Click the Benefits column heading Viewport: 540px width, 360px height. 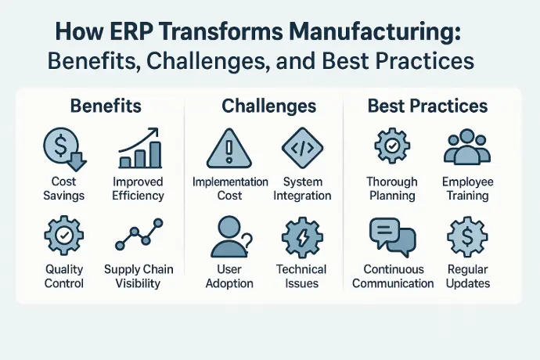106,106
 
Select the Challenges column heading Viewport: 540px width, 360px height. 268,106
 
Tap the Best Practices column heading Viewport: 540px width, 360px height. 427,106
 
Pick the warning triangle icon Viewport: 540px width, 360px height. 229,149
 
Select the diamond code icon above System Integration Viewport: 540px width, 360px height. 302,148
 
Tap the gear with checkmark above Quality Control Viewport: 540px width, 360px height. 64,236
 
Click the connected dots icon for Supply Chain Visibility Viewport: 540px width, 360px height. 139,234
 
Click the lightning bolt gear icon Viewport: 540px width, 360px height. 302,237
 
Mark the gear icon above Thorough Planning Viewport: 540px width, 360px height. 392,146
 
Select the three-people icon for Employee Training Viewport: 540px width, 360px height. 467,147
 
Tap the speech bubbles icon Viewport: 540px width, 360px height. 393,237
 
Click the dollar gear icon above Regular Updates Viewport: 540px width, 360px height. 467,236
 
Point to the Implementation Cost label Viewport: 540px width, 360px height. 230,189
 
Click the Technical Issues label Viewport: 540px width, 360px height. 301,276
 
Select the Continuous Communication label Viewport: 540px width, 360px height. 393,276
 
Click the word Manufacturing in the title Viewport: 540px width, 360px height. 374,32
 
